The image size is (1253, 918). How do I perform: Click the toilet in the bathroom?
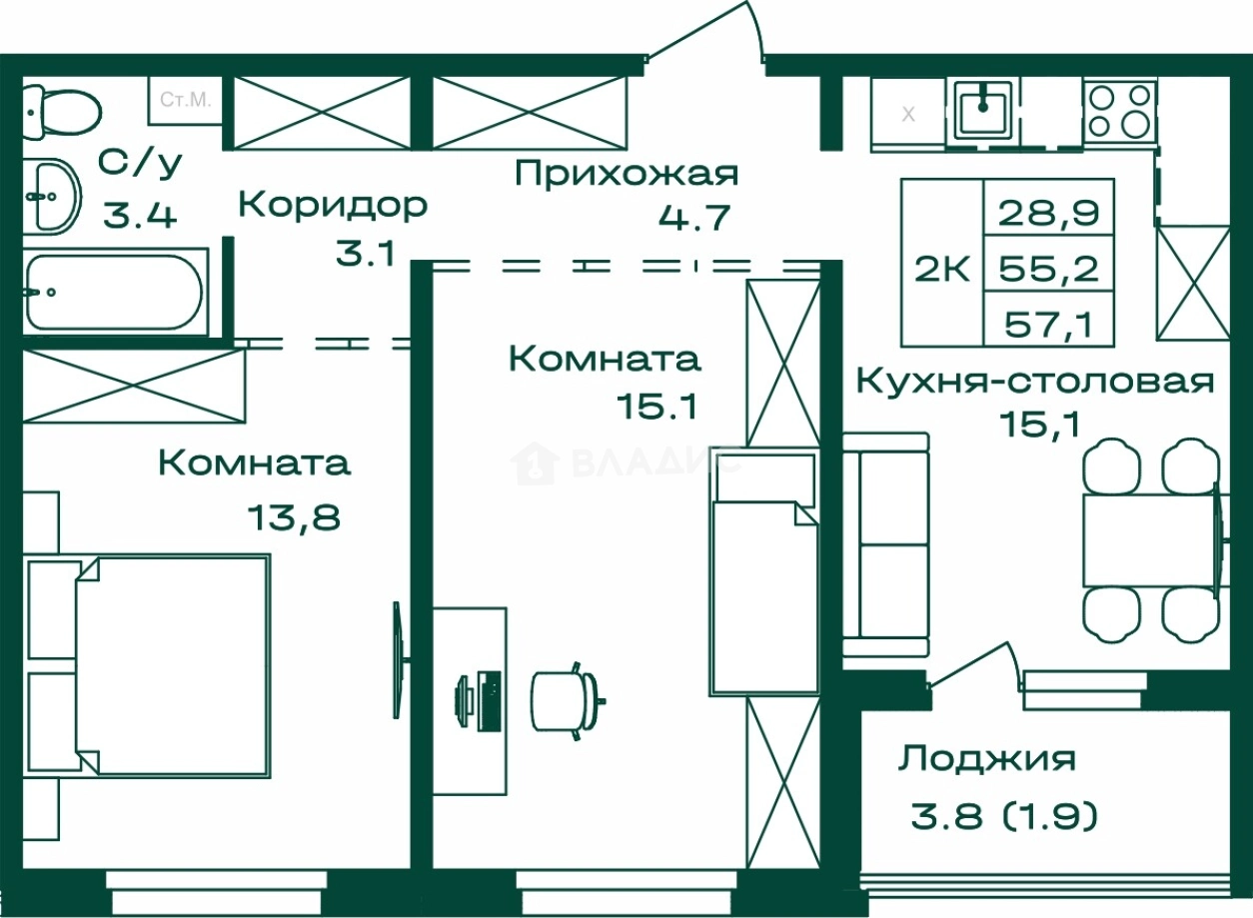pos(62,108)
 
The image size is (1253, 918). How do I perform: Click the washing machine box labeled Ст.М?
pos(185,100)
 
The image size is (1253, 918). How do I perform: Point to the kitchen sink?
pos(985,110)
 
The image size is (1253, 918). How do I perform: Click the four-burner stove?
pos(1119,111)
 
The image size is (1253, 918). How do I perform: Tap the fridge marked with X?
pos(908,114)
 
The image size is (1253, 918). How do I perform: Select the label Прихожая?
pos(626,174)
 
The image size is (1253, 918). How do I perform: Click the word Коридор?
pos(333,206)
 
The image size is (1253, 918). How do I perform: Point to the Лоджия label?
pos(986,758)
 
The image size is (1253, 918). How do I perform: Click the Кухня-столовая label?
pos(1036,382)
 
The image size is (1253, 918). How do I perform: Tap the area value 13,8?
pos(293,516)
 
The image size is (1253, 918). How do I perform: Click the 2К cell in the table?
pos(942,268)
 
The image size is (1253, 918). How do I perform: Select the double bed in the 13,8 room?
pos(170,665)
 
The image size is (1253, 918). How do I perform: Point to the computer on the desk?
pos(479,699)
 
